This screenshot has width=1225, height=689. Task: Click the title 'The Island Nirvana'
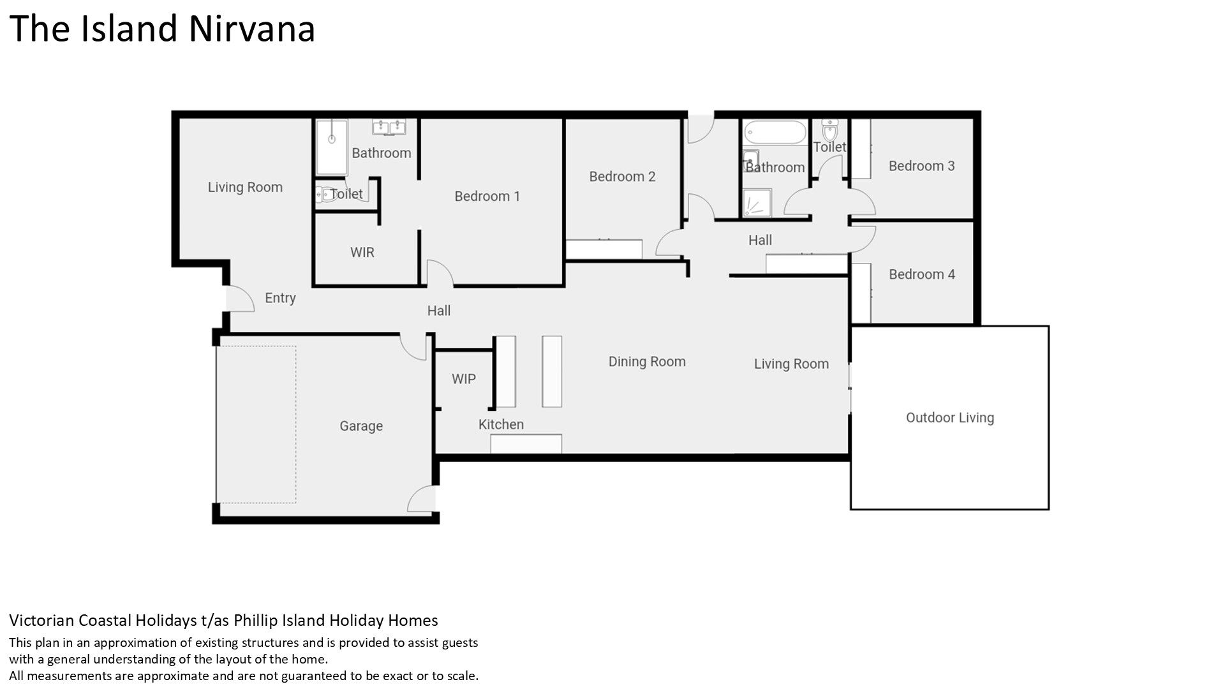pyautogui.click(x=162, y=29)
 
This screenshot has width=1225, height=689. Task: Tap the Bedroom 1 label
pyautogui.click(x=487, y=196)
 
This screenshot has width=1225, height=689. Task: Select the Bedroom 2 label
pyautogui.click(x=622, y=177)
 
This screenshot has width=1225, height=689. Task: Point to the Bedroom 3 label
pyautogui.click(x=922, y=166)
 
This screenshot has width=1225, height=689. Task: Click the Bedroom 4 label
pyautogui.click(x=922, y=274)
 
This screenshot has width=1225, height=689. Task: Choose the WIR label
pyautogui.click(x=362, y=253)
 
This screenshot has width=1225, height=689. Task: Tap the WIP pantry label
pyautogui.click(x=464, y=379)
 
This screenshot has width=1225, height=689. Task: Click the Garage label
pyautogui.click(x=361, y=426)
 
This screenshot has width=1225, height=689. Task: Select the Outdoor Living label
pyautogui.click(x=950, y=418)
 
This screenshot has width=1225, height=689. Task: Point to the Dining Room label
pyautogui.click(x=647, y=362)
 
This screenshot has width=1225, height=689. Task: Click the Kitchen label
pyautogui.click(x=501, y=424)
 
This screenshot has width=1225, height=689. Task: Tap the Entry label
pyautogui.click(x=280, y=298)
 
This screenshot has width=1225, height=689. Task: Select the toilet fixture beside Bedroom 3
pyautogui.click(x=829, y=131)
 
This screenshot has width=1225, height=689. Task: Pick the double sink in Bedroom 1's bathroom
pyautogui.click(x=389, y=127)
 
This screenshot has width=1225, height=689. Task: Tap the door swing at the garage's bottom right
pyautogui.click(x=421, y=498)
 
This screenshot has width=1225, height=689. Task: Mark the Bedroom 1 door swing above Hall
pyautogui.click(x=440, y=272)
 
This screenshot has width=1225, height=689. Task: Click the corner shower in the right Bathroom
pyautogui.click(x=757, y=203)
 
